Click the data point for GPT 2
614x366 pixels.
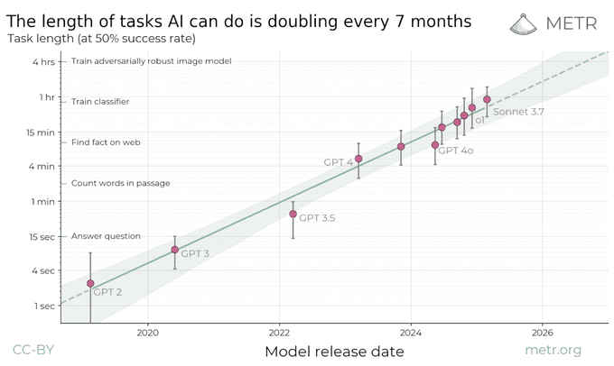[x=90, y=283]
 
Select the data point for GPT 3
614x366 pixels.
[x=175, y=250]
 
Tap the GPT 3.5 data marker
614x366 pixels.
[x=293, y=214]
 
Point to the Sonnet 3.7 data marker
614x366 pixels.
[x=487, y=99]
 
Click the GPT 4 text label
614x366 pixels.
[x=338, y=162]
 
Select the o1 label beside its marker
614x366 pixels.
[x=479, y=120]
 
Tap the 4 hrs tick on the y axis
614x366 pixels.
[x=43, y=61]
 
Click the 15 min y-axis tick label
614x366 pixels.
[x=41, y=132]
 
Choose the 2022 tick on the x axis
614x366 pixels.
[x=279, y=333]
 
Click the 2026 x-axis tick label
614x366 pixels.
[x=543, y=333]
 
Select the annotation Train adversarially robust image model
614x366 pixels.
[x=151, y=61]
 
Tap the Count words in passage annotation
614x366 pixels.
[x=120, y=183]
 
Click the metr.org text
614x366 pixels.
[x=553, y=350]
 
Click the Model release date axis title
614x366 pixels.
[x=334, y=351]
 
